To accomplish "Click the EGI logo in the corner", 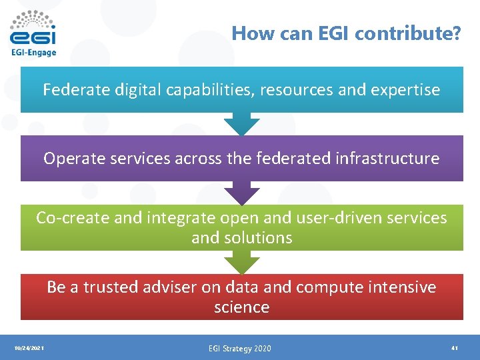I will (33, 28).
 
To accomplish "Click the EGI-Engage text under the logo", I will (33, 52).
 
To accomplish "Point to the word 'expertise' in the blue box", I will (407, 89).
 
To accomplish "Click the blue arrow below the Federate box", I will (241, 124).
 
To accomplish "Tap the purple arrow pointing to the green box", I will (241, 193).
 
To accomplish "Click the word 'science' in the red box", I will (241, 307).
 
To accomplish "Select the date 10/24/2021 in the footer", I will (29, 348).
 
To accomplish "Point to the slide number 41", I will (454, 348).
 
